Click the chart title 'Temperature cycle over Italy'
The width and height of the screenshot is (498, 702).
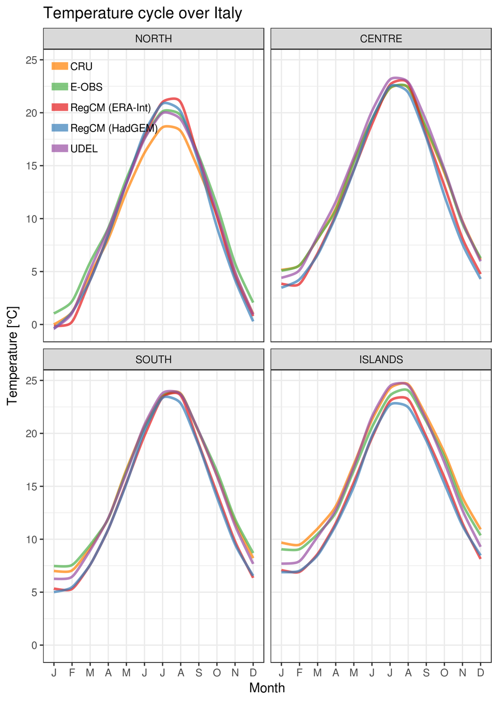[x=142, y=13]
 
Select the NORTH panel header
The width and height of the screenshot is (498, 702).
[x=153, y=39]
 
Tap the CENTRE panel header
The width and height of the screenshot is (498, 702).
[x=381, y=39]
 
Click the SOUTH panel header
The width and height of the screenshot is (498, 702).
[x=153, y=360]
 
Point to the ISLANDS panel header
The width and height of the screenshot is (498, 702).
[x=381, y=360]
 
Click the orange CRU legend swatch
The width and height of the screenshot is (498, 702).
[x=60, y=66]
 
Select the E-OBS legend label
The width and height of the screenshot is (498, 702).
[x=86, y=87]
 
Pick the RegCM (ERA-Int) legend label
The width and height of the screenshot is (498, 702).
[x=110, y=108]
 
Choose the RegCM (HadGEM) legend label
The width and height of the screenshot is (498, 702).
[x=114, y=128]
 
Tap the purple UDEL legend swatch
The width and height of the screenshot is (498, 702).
[x=60, y=149]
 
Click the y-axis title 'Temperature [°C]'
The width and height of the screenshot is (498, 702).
[x=12, y=356]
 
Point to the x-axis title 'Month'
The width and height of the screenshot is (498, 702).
[x=267, y=688]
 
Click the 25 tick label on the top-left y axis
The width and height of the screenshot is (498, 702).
[x=31, y=60]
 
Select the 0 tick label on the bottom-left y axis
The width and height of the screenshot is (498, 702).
[x=34, y=645]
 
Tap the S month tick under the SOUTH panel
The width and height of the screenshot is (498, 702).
[x=199, y=673]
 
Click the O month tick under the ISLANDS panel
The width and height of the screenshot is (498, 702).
[x=444, y=673]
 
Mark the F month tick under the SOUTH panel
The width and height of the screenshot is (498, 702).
[x=72, y=673]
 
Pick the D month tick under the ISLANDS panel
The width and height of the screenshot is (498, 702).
[x=481, y=673]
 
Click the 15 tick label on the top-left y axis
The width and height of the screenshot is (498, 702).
[x=31, y=166]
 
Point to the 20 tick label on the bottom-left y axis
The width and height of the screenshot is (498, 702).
[x=31, y=434]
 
